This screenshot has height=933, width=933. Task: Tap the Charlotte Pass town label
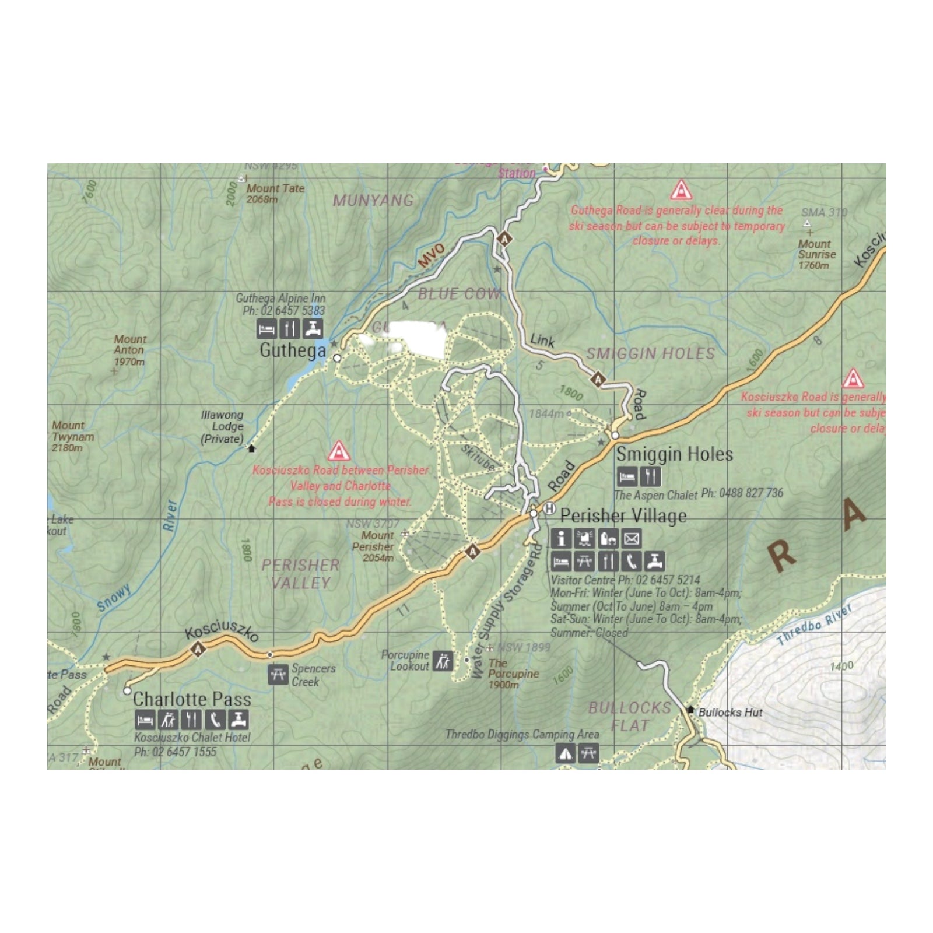192,699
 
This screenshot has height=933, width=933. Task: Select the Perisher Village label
623,516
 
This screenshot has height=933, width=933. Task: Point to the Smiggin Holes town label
674,454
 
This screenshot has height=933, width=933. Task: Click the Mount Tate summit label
275,188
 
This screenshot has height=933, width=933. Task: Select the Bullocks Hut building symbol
690,710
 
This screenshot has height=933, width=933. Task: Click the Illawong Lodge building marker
252,448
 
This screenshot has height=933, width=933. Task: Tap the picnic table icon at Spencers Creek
278,674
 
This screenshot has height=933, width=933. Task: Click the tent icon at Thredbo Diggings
564,753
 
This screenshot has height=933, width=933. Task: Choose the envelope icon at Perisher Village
631,538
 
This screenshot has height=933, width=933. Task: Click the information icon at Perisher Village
561,538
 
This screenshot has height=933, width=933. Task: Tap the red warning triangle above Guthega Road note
680,191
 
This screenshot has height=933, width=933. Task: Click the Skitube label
478,458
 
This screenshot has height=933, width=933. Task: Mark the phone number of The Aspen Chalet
742,493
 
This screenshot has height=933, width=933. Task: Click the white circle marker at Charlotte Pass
127,691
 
